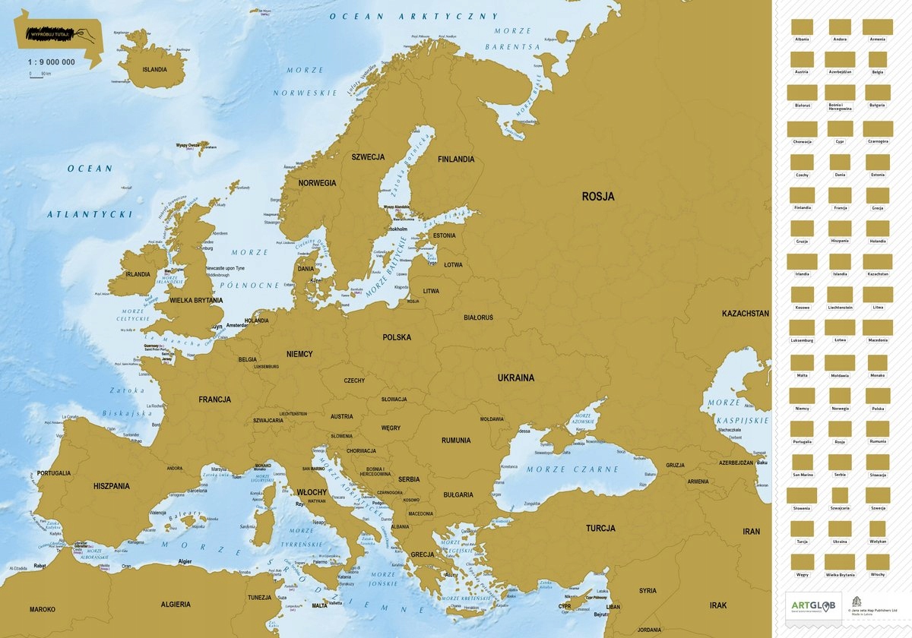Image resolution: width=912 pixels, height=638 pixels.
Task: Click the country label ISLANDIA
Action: pos(154,69)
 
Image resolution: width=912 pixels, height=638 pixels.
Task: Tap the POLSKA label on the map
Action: pos(397,337)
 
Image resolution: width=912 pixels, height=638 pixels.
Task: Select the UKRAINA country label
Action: pos(516,377)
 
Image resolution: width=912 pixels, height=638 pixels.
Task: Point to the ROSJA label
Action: pos(598,196)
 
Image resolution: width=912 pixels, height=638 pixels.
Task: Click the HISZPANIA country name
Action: pos(112,485)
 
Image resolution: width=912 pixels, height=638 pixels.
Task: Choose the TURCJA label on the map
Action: pos(600,528)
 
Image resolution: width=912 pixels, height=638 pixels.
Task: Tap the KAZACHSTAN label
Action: pos(745,313)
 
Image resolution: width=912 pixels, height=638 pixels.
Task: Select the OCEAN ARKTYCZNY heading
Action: pos(413,16)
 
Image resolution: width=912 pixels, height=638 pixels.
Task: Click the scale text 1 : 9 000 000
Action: pos(52,62)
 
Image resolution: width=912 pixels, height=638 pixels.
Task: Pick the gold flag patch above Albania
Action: pos(802,27)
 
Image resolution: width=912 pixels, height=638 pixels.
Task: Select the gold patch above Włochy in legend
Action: pos(877,561)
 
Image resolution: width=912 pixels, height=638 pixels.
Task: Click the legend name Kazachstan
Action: pos(877,274)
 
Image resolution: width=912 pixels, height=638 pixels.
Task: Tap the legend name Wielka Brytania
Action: pos(840,575)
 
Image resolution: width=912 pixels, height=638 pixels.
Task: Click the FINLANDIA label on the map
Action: pos(455,159)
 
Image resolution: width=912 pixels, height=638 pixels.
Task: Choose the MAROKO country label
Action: pos(43,609)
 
